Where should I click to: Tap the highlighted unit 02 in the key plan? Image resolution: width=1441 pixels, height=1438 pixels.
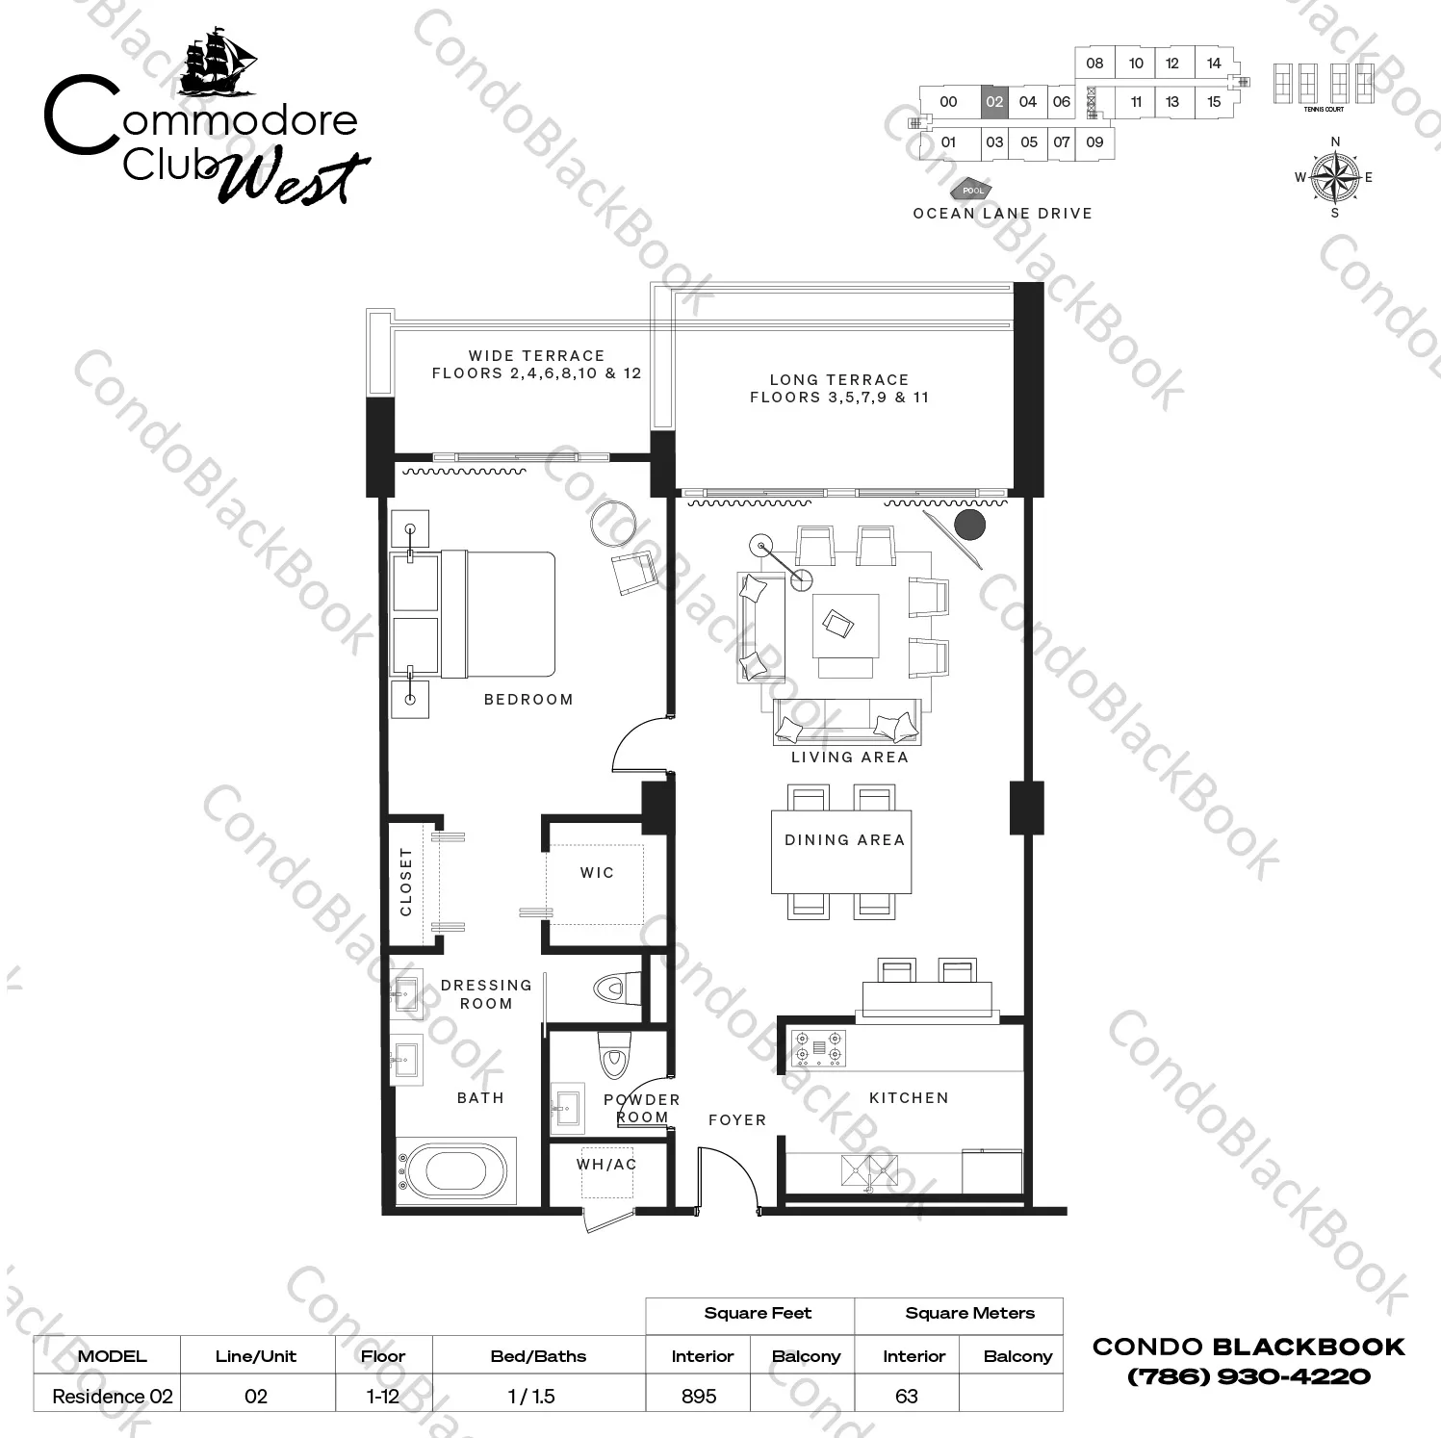[x=994, y=102]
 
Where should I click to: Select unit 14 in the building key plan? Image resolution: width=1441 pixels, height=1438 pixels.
[x=1214, y=64]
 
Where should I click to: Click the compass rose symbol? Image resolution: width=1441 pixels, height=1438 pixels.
[x=1334, y=177]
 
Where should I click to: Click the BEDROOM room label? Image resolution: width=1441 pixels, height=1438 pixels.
[x=528, y=700]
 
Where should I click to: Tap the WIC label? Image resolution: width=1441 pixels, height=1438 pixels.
[x=597, y=873]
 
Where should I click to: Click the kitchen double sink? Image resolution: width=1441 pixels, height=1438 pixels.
[x=869, y=1171]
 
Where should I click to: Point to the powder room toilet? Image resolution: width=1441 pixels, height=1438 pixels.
[x=613, y=1056]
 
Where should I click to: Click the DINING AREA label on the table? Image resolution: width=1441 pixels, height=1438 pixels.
[x=845, y=840]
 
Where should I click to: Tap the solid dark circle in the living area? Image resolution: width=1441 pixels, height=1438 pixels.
[x=970, y=525]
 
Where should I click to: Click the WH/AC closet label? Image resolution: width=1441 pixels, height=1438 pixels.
[x=606, y=1165]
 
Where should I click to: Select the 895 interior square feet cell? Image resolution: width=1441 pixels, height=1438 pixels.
[x=699, y=1396]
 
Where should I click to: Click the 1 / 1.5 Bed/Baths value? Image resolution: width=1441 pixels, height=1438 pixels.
[x=531, y=1396]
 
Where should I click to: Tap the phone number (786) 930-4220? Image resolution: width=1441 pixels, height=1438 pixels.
[x=1248, y=1376]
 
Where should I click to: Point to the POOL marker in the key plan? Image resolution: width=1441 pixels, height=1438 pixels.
[x=973, y=191]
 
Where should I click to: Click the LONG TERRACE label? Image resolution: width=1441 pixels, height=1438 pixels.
[x=839, y=380]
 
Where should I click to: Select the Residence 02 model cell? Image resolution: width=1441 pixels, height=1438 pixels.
[x=113, y=1396]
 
